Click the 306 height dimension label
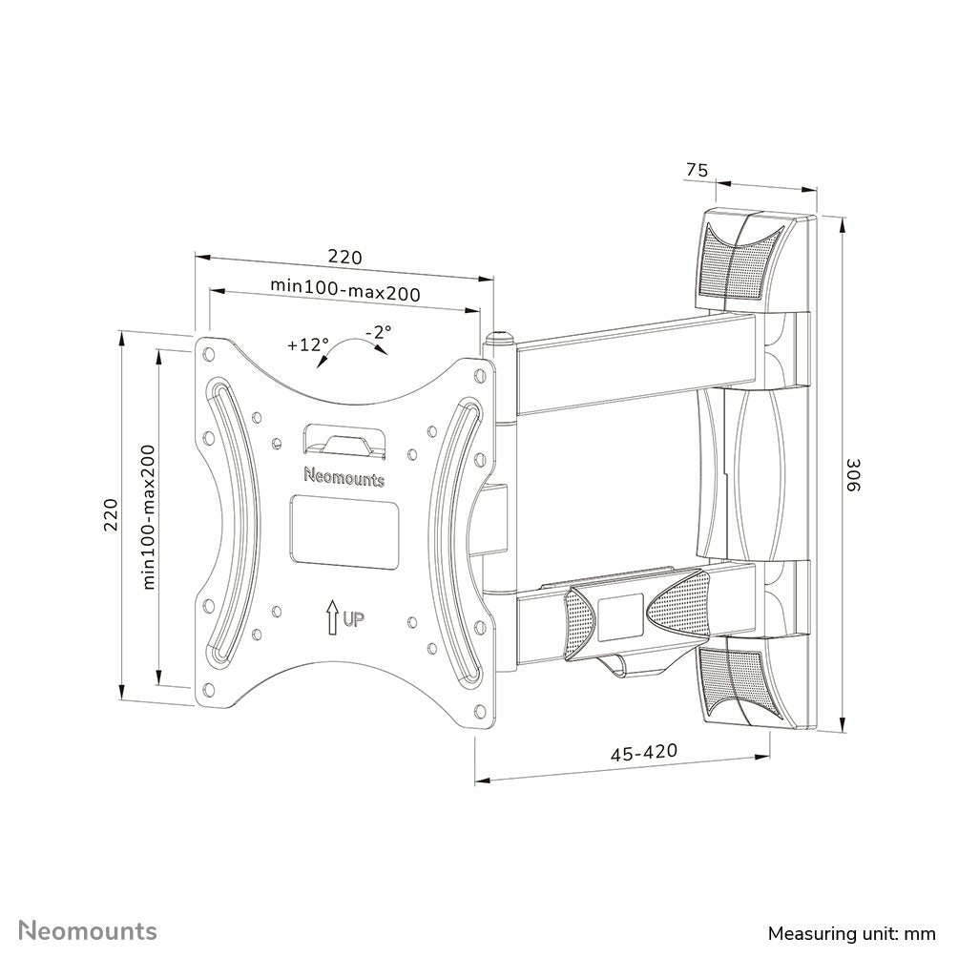(855, 474)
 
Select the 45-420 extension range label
(644, 753)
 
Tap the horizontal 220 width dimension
(344, 257)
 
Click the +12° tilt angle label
(307, 345)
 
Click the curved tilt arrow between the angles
(353, 351)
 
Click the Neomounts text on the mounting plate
(344, 477)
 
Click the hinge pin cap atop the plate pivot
(500, 336)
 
